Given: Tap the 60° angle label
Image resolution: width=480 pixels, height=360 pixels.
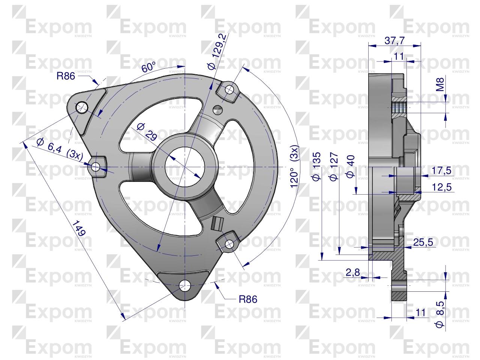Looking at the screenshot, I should coord(148,68).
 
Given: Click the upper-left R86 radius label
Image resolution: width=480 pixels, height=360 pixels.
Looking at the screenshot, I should coord(66,76).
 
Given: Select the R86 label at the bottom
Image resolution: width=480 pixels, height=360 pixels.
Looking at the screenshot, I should coord(248,299).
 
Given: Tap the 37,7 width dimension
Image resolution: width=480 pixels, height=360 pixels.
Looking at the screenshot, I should coord(394,40).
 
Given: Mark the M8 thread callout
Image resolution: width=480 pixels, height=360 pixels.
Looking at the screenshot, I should coord(441,84).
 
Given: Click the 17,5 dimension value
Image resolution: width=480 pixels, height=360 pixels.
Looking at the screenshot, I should coord(441,171).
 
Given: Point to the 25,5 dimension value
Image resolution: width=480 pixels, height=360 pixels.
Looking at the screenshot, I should coord(423,243).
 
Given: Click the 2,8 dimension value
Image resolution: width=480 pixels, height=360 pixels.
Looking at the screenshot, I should coord(352,273).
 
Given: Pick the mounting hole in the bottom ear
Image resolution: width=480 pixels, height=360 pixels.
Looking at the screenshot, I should coord(185,286).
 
